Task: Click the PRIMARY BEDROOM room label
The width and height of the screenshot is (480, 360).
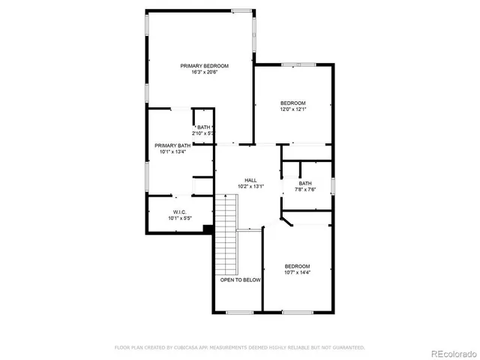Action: (x=204, y=66)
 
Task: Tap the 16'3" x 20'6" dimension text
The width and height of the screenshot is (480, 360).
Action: (x=204, y=73)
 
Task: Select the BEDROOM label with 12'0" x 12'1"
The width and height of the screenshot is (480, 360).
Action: (x=293, y=103)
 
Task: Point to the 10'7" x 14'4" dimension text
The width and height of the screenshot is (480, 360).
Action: (x=297, y=272)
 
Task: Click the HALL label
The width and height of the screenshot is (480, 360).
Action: (x=250, y=180)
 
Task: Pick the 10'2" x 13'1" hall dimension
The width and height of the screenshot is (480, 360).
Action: (x=250, y=186)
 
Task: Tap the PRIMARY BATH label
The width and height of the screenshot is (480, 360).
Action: (x=172, y=145)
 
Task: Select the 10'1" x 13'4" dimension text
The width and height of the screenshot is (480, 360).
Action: (x=172, y=151)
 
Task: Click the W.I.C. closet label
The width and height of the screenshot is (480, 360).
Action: (x=180, y=212)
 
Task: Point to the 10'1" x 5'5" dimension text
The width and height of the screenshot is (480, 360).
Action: (x=180, y=218)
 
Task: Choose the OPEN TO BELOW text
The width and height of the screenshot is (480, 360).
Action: (x=240, y=280)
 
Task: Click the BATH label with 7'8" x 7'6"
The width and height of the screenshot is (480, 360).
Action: (x=305, y=183)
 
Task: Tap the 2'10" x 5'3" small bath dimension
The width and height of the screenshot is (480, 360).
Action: (x=204, y=133)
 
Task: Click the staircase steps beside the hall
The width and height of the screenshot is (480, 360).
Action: (x=226, y=232)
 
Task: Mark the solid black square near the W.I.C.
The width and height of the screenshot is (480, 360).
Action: (x=209, y=229)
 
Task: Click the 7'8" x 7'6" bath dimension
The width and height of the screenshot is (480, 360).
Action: (x=305, y=189)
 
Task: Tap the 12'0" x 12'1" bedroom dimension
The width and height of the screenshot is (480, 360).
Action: (x=293, y=109)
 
